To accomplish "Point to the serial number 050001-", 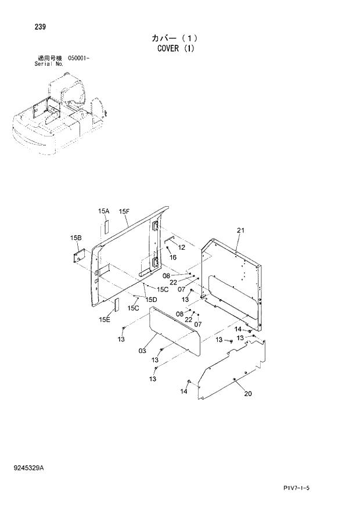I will click(78, 59).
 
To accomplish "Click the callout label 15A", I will click(103, 211).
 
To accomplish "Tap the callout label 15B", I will click(76, 238).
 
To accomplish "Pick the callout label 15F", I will click(124, 211).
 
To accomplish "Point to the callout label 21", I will click(241, 231).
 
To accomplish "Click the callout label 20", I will click(248, 394).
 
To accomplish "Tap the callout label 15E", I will click(105, 319).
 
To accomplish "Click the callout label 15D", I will click(151, 299).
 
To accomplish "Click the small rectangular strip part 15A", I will click(106, 226).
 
